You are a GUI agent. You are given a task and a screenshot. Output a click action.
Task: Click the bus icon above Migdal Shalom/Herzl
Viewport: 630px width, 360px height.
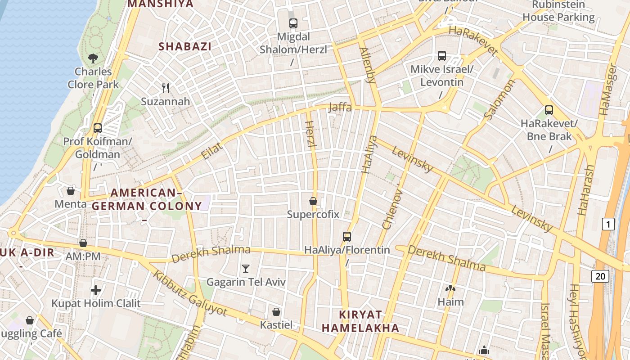click(293, 23)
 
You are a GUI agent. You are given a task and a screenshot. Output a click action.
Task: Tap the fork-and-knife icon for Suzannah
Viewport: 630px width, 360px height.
click(166, 88)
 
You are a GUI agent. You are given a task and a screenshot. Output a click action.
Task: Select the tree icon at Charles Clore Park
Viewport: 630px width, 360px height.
click(93, 58)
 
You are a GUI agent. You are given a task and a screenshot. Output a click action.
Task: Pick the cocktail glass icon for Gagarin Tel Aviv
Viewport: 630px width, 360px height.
click(245, 269)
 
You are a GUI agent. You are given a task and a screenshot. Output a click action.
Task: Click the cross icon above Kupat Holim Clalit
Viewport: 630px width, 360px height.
click(95, 290)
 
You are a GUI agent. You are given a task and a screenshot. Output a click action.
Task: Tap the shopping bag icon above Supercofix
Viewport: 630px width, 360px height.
click(313, 201)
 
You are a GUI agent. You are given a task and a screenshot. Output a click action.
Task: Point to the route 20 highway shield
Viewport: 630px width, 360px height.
click(600, 276)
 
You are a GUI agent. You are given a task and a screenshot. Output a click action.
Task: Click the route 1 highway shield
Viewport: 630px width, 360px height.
click(608, 224)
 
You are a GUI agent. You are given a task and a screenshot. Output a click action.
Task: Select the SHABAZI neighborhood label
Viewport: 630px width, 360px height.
click(185, 46)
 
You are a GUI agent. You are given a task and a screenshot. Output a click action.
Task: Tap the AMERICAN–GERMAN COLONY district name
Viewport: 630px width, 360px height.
click(147, 199)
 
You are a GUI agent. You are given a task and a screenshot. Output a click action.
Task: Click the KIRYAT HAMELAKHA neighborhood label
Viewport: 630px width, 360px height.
click(360, 321)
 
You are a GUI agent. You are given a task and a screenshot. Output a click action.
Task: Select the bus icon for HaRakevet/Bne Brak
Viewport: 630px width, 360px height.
click(549, 110)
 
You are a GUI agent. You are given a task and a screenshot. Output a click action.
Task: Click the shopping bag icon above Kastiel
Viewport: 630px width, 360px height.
click(276, 312)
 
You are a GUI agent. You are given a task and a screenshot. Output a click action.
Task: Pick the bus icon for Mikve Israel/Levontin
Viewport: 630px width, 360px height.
click(442, 56)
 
